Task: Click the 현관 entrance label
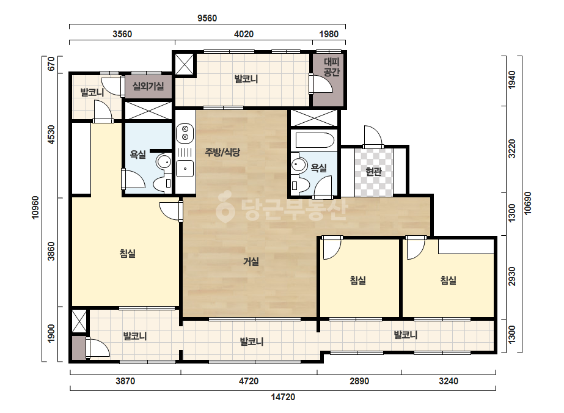point(373,172)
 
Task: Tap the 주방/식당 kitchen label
point(222,152)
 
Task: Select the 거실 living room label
point(251,261)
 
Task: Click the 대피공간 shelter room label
point(331,67)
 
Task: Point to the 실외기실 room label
point(148,86)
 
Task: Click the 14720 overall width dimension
point(283,397)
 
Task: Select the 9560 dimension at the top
point(207,18)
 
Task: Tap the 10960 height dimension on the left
point(35,208)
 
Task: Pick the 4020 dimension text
point(244,34)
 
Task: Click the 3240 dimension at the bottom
point(448,381)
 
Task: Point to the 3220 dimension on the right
point(512,148)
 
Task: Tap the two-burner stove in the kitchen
point(185,133)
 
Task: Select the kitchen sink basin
point(185,169)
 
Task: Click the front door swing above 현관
point(373,136)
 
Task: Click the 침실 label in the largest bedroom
point(127,254)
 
